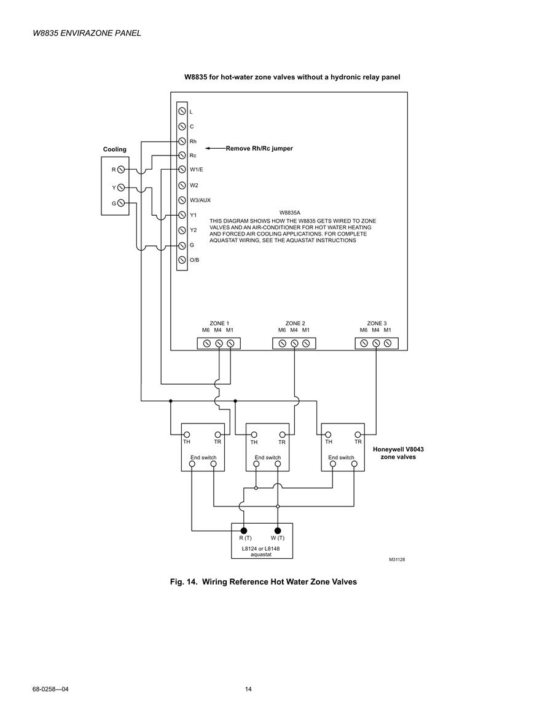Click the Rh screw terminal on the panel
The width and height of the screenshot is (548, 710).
182,141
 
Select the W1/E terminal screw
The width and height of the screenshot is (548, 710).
182,169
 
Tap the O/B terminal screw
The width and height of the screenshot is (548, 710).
182,260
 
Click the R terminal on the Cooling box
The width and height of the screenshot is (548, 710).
121,170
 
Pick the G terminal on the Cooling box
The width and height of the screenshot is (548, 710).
121,203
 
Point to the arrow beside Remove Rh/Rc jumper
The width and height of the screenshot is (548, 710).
216,148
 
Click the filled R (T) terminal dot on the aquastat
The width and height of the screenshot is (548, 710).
244,531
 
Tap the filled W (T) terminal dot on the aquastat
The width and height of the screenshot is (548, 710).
278,531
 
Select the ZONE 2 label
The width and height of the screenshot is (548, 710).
295,323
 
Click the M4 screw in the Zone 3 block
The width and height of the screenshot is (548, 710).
376,344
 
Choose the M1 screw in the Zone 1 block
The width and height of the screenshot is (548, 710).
230,344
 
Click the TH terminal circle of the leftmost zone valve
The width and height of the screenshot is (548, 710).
186,435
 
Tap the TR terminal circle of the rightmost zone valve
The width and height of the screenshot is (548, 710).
358,435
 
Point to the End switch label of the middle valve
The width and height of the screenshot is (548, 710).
267,457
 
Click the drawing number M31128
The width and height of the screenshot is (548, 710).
397,559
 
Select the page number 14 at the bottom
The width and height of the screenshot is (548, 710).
248,689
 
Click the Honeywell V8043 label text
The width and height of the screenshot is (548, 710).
398,449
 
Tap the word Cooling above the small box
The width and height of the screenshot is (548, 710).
114,149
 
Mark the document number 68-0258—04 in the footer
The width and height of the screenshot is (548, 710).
50,689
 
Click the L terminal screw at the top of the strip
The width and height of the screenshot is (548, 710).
182,111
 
